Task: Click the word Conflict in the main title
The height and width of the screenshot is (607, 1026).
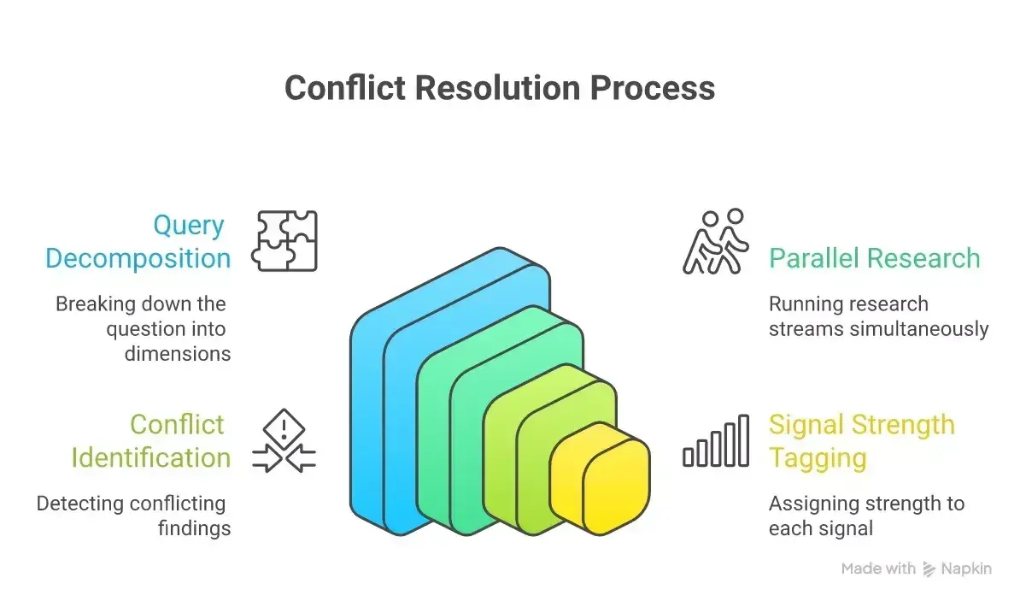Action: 345,87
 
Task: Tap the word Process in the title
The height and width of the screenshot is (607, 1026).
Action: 653,88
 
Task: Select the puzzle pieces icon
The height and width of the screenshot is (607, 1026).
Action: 284,241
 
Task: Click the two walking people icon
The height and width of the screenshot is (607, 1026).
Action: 715,242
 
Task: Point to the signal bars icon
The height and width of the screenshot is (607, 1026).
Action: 715,440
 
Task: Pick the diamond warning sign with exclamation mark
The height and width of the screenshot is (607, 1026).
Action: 284,429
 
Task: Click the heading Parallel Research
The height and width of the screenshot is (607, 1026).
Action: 875,257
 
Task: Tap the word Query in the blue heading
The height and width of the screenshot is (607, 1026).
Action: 189,226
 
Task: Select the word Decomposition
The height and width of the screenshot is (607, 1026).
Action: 138,258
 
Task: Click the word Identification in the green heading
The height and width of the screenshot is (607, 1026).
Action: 150,457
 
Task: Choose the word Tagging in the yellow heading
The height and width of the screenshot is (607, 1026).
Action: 818,458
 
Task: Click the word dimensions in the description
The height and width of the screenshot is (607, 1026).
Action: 178,354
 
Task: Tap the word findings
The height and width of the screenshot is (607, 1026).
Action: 194,528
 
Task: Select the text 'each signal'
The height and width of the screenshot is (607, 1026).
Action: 821,528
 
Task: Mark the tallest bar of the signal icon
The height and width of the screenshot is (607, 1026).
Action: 744,440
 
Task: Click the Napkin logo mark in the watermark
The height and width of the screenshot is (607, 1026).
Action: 929,569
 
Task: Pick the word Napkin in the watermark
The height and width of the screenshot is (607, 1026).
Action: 966,569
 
